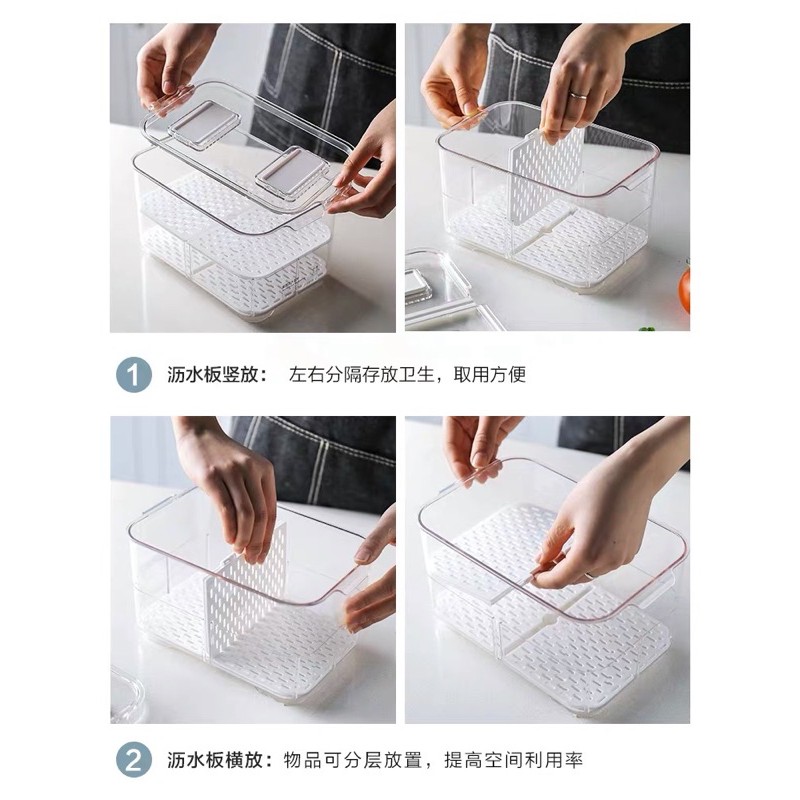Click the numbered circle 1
134,375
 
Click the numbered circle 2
134,760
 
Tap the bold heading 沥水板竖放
211,375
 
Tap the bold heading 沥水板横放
211,760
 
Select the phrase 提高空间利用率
513,760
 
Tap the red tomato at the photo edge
685,292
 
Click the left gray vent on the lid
204,124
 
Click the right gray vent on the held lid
290,172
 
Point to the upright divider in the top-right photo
547,176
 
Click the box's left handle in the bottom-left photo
154,505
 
